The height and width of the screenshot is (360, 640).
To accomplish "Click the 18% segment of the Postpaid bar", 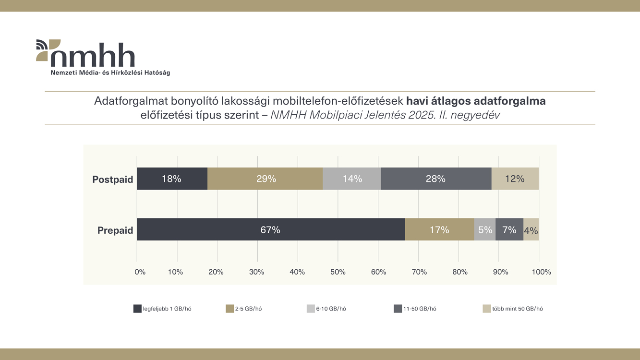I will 172,179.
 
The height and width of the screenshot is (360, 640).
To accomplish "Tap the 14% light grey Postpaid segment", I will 352,179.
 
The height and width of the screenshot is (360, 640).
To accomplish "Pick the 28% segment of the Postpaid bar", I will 436,179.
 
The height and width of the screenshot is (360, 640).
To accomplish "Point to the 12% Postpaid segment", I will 515,179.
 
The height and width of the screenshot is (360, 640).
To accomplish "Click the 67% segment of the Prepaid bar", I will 271,229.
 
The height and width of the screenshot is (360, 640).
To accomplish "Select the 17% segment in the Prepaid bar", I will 439,229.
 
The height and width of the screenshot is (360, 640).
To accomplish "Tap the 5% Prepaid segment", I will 485,229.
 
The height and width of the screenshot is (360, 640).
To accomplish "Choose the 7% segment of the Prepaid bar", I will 509,229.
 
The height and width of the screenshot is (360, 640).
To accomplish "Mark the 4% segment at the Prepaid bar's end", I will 531,230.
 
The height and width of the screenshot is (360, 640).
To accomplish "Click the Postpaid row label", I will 112,180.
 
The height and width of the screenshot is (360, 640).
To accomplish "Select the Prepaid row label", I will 115,230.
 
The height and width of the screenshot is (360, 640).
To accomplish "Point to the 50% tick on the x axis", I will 338,272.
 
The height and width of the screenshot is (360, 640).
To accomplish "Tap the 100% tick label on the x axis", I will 541,272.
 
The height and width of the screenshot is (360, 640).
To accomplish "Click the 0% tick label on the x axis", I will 140,272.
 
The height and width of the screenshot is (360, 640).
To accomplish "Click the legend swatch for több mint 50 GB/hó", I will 487,309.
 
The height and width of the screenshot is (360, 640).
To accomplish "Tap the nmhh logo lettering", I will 92,55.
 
